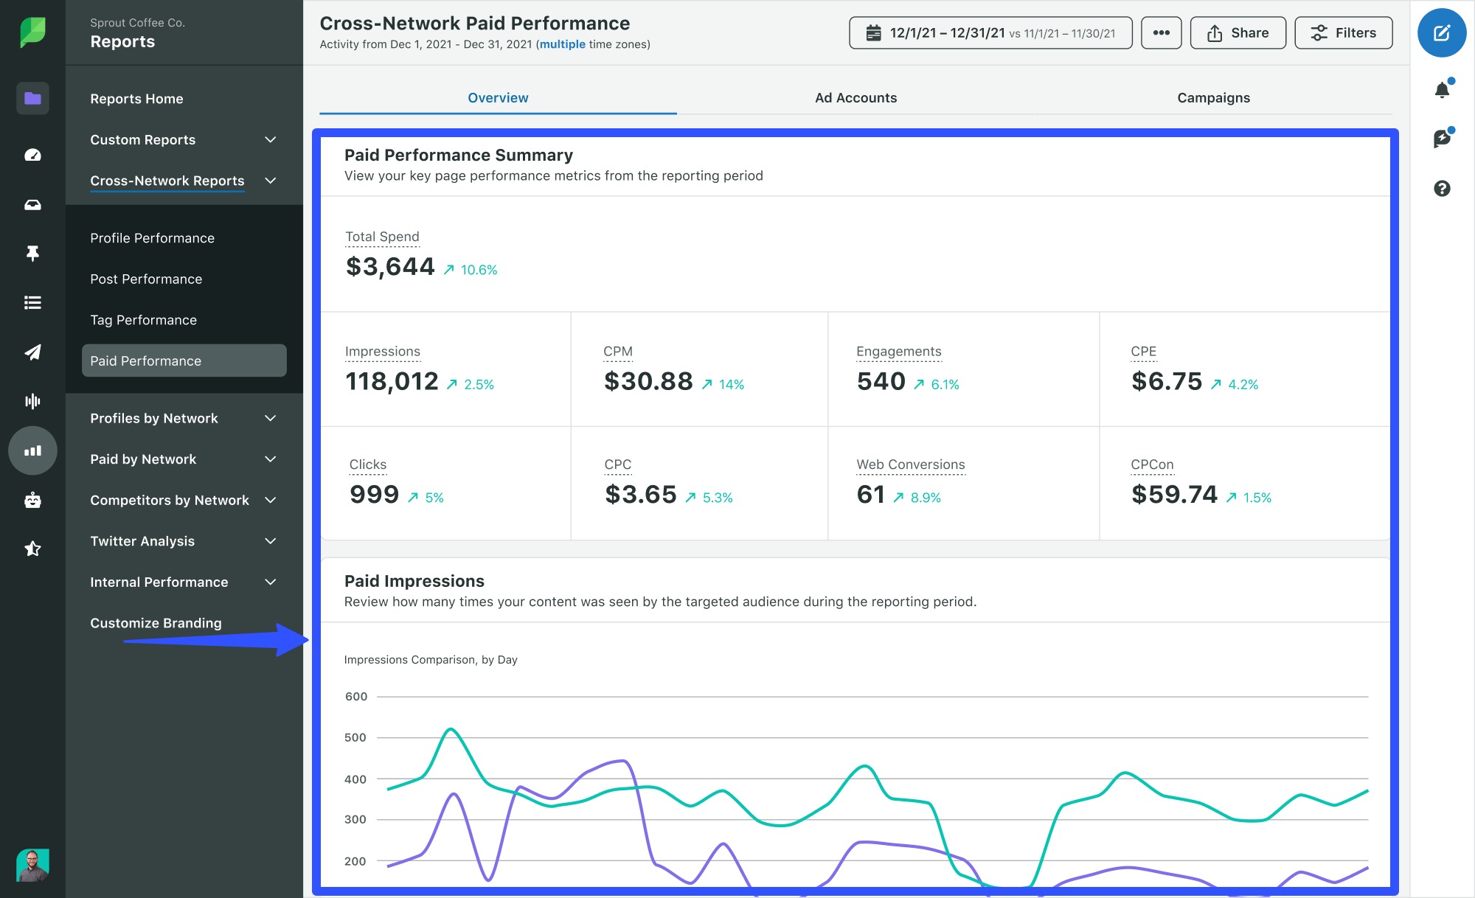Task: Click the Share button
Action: pyautogui.click(x=1238, y=33)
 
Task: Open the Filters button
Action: pyautogui.click(x=1343, y=33)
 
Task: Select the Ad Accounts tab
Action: pyautogui.click(x=855, y=98)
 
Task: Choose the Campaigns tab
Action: pyautogui.click(x=1213, y=98)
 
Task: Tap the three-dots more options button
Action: pyautogui.click(x=1161, y=33)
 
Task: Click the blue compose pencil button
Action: pyautogui.click(x=1441, y=33)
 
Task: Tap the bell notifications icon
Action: pyautogui.click(x=1442, y=90)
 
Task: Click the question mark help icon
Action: pyautogui.click(x=1442, y=189)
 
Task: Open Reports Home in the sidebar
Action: pyautogui.click(x=136, y=99)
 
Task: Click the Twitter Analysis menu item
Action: pyautogui.click(x=142, y=541)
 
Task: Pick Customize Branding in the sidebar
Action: pyautogui.click(x=156, y=623)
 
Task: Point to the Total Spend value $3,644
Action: pyautogui.click(x=390, y=267)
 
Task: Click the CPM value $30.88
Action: pyautogui.click(x=648, y=382)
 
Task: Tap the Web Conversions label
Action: pyautogui.click(x=910, y=464)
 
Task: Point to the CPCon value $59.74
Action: pyautogui.click(x=1174, y=495)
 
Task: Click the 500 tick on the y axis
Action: pyautogui.click(x=355, y=737)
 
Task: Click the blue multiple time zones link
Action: pyautogui.click(x=562, y=44)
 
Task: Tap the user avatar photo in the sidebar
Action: pyautogui.click(x=32, y=865)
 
